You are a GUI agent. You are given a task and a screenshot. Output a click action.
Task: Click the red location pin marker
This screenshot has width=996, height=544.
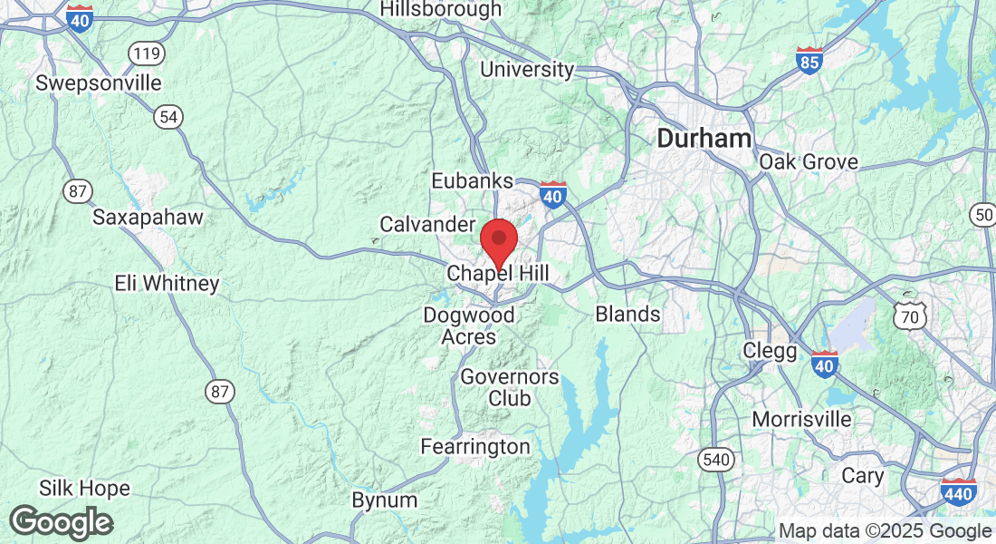coord(498,241)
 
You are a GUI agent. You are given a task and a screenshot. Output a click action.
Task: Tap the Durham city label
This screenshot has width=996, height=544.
coord(704,139)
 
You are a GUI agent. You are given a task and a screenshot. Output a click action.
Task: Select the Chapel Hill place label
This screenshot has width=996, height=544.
coord(498,273)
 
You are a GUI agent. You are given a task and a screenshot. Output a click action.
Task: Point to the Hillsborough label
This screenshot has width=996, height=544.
coord(440,9)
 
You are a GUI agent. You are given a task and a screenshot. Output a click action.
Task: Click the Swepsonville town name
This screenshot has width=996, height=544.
coord(99,83)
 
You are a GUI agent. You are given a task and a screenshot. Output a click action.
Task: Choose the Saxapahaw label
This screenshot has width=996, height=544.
coord(148,218)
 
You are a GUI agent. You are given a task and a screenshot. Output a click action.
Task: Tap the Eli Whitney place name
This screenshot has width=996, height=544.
coord(167,283)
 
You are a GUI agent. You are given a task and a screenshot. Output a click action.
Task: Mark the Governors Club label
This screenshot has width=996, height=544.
coord(510,386)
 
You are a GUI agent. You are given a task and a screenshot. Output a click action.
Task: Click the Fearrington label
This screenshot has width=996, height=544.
coord(475,446)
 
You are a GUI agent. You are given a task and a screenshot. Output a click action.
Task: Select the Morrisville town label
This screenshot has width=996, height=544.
coord(802,419)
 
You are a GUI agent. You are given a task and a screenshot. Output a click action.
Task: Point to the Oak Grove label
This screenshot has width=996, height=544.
coord(809,162)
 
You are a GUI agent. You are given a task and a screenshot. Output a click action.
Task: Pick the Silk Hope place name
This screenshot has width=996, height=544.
coord(83,489)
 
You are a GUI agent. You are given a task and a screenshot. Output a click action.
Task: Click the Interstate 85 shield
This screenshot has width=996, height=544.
coord(809,61)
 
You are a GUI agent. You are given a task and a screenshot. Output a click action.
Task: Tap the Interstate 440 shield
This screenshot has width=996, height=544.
coord(958,493)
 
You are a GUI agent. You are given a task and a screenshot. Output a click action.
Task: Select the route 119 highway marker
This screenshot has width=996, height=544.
coord(146,54)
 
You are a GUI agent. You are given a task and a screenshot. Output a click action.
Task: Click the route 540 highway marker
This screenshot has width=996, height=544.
coord(715,460)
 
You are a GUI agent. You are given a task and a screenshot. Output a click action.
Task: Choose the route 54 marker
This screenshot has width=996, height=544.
coord(167,116)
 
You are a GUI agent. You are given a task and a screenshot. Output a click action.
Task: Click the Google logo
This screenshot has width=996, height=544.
coord(61,522)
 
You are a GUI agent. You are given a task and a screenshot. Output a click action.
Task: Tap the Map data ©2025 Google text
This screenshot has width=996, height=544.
coord(885,531)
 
